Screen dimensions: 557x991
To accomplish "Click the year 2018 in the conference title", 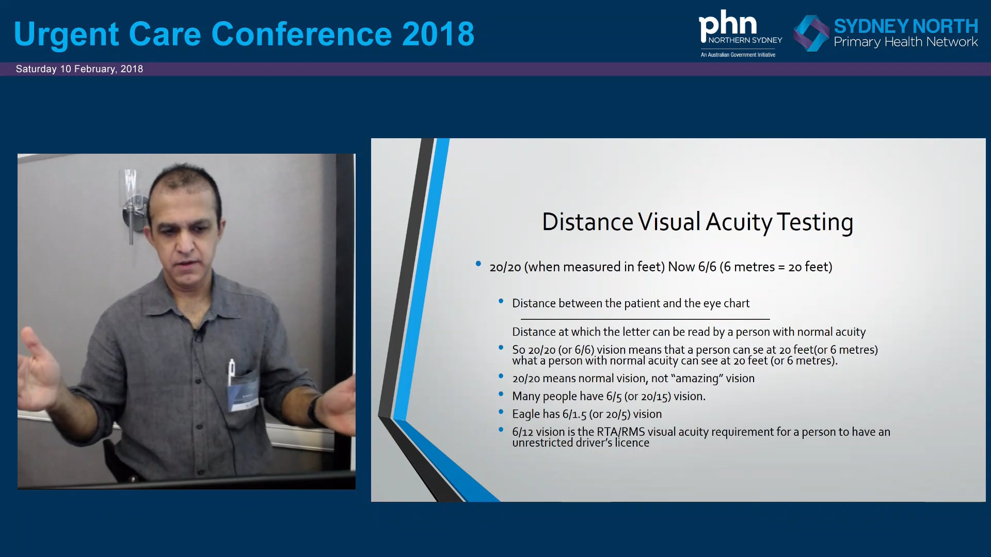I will (438, 34).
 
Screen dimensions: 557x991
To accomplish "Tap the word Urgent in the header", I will (66, 34).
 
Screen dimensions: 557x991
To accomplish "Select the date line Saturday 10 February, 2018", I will (79, 69).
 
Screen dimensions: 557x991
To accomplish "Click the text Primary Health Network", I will (906, 42).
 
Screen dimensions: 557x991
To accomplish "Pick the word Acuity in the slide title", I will (739, 222).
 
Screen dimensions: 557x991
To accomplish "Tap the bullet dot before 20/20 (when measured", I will (478, 264).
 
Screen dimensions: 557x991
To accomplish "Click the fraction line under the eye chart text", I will (645, 319).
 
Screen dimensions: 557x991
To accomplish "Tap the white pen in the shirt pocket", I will (232, 371).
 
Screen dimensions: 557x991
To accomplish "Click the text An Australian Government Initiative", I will (738, 55).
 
